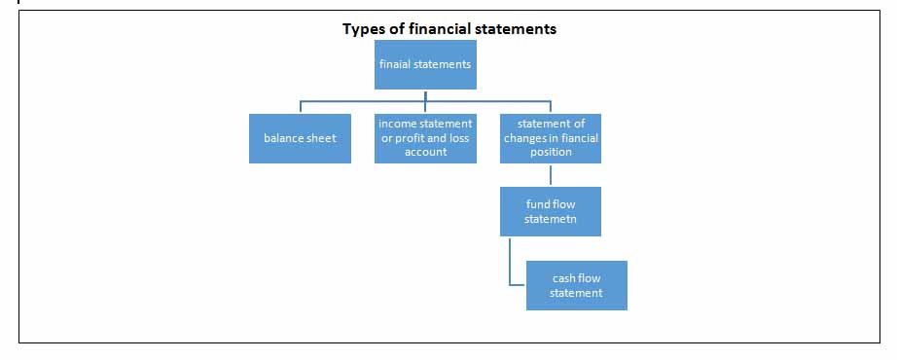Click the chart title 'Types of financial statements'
[448, 29]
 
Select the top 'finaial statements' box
[425, 65]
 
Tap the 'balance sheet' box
[300, 138]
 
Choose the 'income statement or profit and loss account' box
[425, 138]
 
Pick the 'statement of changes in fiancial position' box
[551, 138]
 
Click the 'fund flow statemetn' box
[551, 211]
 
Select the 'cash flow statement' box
[576, 285]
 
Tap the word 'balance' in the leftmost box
[285, 138]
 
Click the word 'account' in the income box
[425, 152]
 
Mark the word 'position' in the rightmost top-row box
[551, 152]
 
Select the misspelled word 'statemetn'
[551, 219]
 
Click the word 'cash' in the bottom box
[564, 279]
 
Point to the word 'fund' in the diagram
[538, 205]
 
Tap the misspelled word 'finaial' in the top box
[398, 65]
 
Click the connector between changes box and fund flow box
[551, 175]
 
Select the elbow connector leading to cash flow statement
[511, 272]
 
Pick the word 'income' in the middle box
[397, 125]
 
